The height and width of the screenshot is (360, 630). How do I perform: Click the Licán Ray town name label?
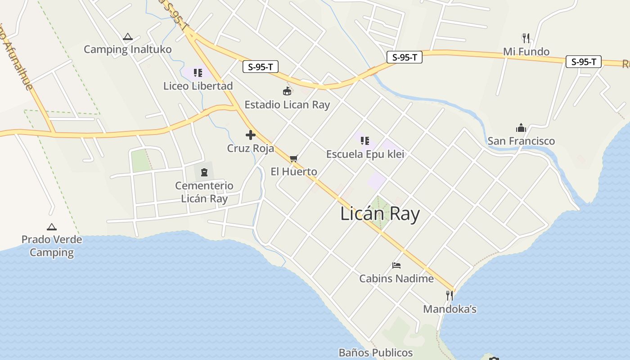pyautogui.click(x=380, y=214)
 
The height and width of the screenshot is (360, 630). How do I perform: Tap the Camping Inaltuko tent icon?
pyautogui.click(x=128, y=37)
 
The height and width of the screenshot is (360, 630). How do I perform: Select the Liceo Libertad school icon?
pyautogui.click(x=198, y=73)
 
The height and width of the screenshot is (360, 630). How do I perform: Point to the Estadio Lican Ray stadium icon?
pyautogui.click(x=287, y=92)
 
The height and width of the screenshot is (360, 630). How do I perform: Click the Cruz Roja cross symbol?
pyautogui.click(x=251, y=135)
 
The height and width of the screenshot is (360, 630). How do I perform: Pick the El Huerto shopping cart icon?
pyautogui.click(x=294, y=158)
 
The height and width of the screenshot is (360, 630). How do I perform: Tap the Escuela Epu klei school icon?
pyautogui.click(x=365, y=141)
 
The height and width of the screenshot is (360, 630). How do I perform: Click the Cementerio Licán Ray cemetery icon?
pyautogui.click(x=204, y=172)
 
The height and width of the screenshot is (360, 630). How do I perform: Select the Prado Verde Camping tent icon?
pyautogui.click(x=52, y=227)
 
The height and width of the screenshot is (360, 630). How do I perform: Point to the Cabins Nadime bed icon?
pyautogui.click(x=396, y=265)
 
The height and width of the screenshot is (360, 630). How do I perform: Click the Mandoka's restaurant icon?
pyautogui.click(x=450, y=296)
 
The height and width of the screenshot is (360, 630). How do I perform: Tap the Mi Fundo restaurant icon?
pyautogui.click(x=526, y=38)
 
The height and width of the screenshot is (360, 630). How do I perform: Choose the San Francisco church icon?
pyautogui.click(x=521, y=128)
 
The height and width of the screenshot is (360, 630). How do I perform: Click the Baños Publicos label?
pyautogui.click(x=376, y=352)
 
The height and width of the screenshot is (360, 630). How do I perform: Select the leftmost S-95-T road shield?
pyautogui.click(x=261, y=67)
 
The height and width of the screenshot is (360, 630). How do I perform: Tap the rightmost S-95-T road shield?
pyautogui.click(x=584, y=62)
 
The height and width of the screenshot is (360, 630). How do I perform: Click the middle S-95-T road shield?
pyautogui.click(x=404, y=57)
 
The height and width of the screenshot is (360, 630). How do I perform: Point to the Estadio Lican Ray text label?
pyautogui.click(x=287, y=105)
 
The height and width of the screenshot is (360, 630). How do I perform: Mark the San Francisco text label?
pyautogui.click(x=521, y=141)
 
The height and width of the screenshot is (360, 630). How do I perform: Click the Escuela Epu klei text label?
pyautogui.click(x=365, y=154)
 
